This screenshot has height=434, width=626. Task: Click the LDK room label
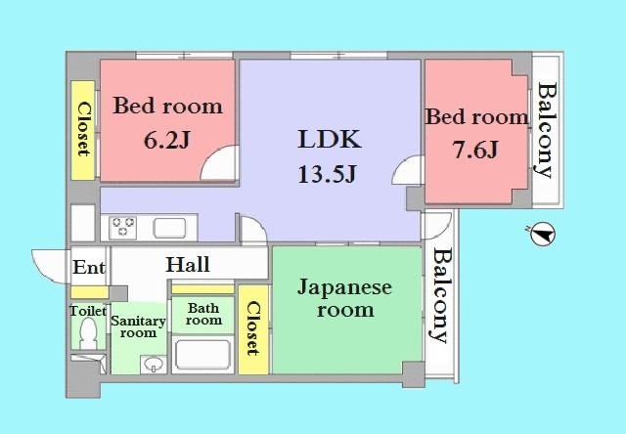click(x=330, y=140)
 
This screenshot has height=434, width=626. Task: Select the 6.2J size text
click(x=166, y=141)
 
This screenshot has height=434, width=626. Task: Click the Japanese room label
click(x=344, y=298)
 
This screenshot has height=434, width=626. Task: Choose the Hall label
click(x=188, y=265)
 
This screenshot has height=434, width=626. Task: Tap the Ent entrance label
click(x=88, y=266)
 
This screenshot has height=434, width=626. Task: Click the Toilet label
click(x=88, y=311)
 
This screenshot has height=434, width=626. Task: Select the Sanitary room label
click(x=138, y=326)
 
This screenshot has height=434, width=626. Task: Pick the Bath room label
click(x=203, y=314)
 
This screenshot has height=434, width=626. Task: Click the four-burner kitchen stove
click(x=124, y=228)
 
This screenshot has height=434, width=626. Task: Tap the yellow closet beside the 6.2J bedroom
click(x=83, y=129)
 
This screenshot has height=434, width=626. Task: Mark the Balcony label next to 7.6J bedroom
click(x=546, y=130)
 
